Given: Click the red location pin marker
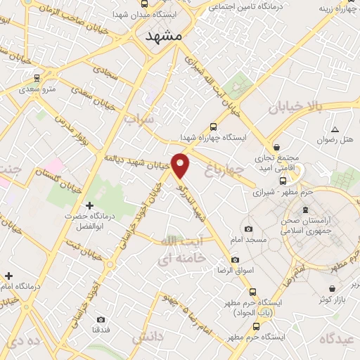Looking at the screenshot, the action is pos(181,165).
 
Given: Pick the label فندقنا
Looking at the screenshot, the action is pos(101,330).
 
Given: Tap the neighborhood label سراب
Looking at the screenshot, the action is pos(139,120).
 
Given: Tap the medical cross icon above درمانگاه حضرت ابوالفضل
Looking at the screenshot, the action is pos(89,205).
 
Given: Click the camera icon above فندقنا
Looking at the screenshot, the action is pos(101,319).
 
